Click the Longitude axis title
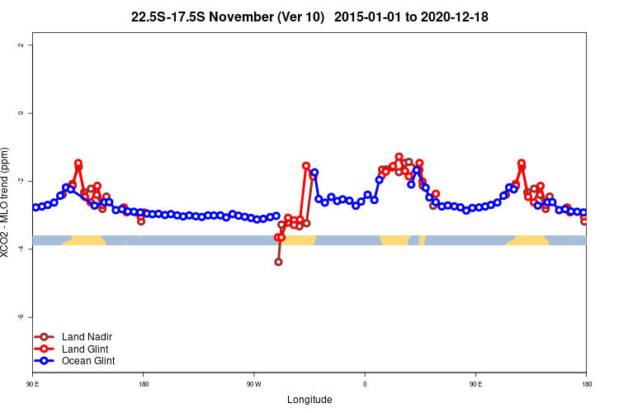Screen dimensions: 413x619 coord(309,400)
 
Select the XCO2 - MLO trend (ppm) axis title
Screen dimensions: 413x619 coord(7,202)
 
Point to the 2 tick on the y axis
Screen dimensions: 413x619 coord(21,45)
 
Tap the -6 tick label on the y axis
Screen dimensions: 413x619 coord(21,317)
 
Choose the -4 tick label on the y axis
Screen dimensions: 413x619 coord(21,249)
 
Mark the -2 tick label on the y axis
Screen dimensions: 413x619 coord(21,181)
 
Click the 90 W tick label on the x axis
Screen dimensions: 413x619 coord(253,384)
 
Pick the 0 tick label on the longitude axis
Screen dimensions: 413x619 coord(364,384)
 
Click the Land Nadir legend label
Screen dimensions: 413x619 coord(87,337)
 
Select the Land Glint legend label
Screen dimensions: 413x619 coord(86,349)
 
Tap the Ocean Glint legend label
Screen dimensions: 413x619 coord(88,361)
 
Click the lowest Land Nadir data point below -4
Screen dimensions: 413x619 coord(278,262)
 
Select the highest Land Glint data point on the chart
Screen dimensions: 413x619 coord(399,157)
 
